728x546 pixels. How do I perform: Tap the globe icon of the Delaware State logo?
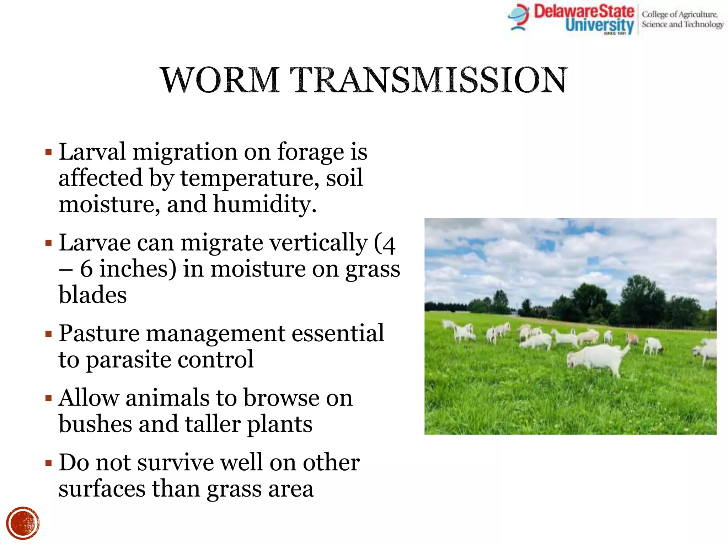(518, 17)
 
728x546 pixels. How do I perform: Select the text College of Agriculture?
(679, 14)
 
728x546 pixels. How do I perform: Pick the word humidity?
(264, 205)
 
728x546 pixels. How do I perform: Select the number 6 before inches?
(86, 269)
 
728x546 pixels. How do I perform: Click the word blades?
(92, 295)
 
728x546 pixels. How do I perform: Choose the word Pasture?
(99, 334)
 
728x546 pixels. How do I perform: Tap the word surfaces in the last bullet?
(102, 489)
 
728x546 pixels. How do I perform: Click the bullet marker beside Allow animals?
(49, 398)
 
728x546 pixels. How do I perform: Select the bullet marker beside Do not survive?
(49, 463)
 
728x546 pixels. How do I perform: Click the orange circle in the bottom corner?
(23, 523)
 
